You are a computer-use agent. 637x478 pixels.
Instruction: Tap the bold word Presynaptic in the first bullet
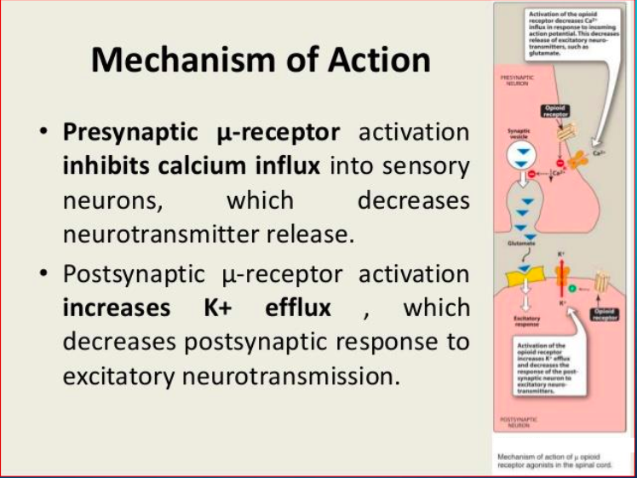pyautogui.click(x=128, y=132)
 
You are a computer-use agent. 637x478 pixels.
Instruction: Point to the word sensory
pyautogui.click(x=428, y=165)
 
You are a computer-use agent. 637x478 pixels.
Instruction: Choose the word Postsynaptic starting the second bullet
pyautogui.click(x=135, y=274)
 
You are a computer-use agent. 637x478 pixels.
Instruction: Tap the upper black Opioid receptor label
pyautogui.click(x=554, y=111)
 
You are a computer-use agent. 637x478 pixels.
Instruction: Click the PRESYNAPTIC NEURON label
pyautogui.click(x=518, y=80)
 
